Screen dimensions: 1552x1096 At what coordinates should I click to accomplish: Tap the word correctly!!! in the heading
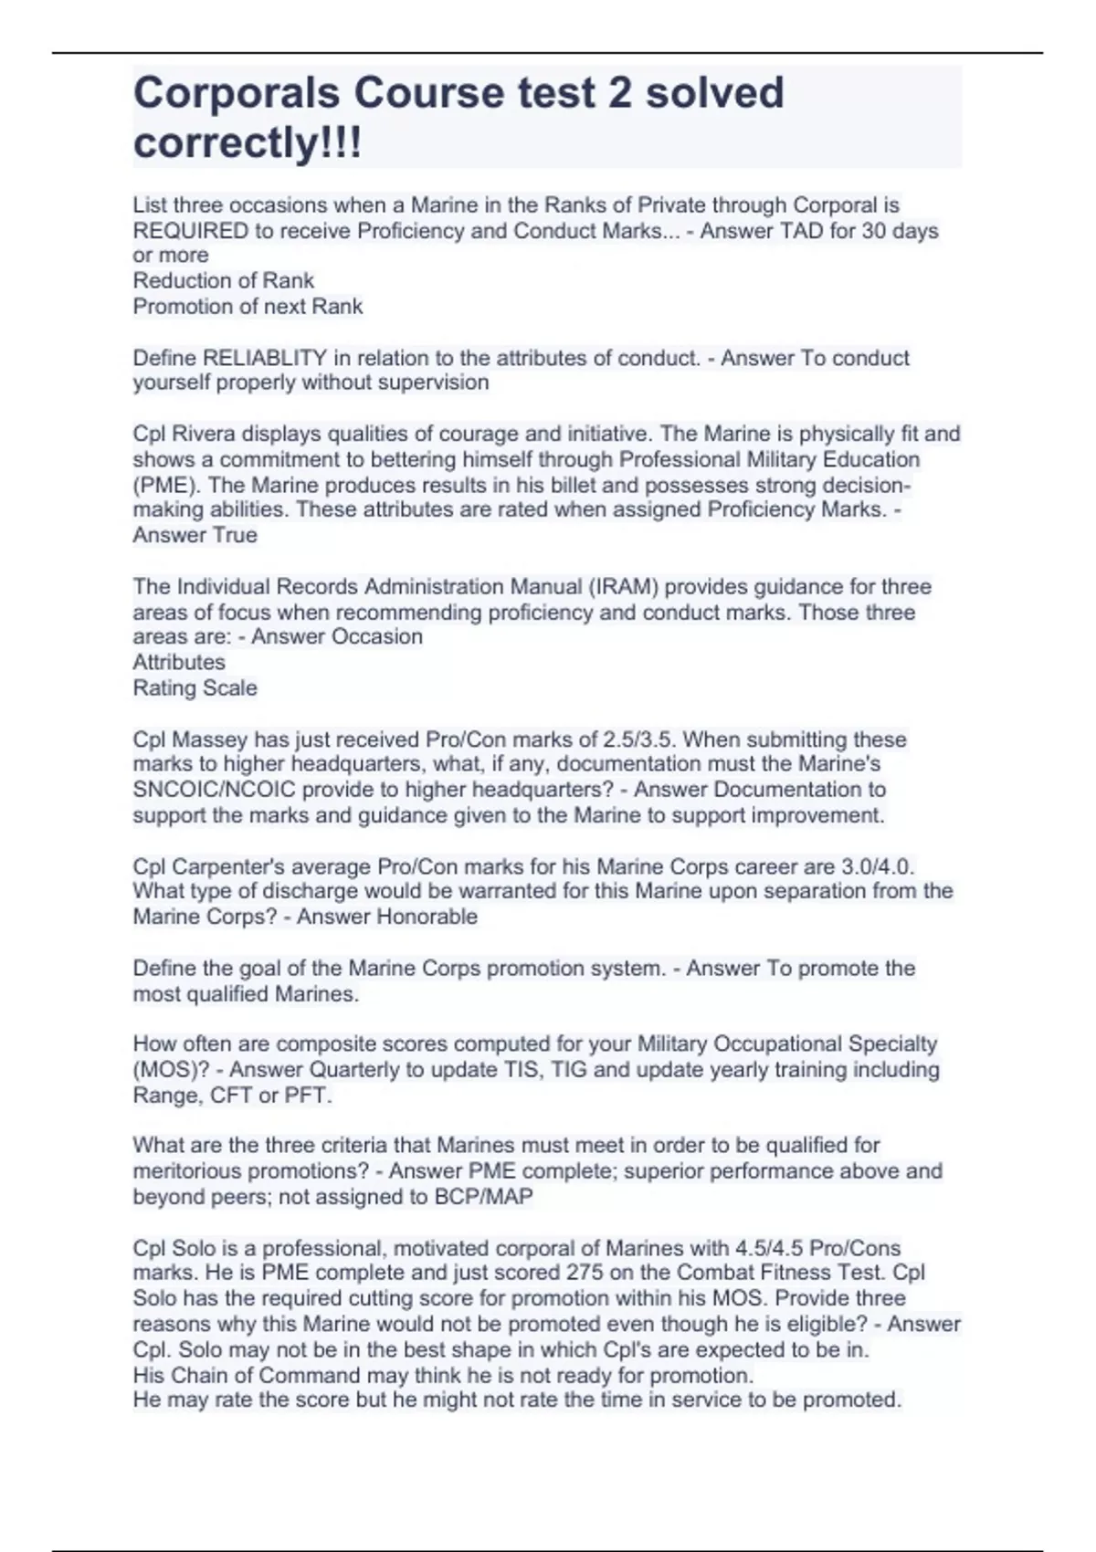[248, 143]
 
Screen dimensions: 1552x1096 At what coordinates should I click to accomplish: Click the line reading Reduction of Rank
[223, 281]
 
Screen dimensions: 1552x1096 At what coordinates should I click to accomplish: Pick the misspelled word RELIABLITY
[264, 358]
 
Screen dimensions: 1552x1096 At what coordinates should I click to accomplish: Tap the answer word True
[235, 535]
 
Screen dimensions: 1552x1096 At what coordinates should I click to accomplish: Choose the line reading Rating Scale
[195, 688]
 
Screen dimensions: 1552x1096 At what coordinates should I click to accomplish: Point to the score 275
[584, 1273]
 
